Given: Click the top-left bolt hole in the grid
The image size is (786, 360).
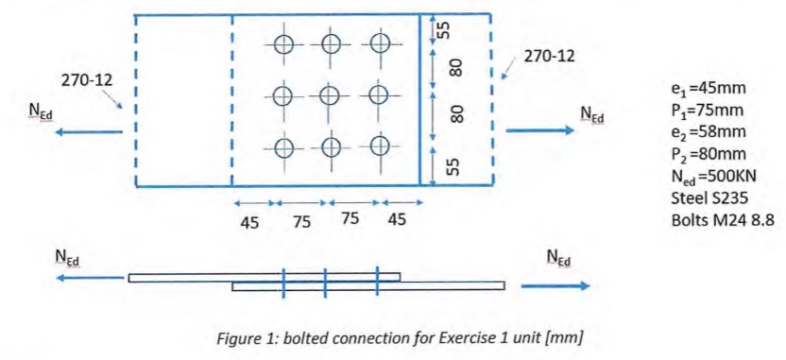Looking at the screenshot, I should click(x=284, y=43).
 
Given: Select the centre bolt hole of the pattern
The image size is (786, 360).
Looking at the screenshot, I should click(x=330, y=95).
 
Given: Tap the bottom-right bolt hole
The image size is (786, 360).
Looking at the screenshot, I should click(x=380, y=146).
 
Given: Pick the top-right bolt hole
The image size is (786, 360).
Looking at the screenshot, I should click(x=380, y=43).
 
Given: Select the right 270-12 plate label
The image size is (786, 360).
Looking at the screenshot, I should click(x=547, y=56).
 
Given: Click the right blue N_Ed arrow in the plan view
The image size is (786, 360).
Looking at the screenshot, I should click(x=539, y=132).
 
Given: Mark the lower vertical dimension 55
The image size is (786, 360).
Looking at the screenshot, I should click(x=453, y=166).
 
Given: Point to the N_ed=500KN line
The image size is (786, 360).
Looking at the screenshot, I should click(x=714, y=177).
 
